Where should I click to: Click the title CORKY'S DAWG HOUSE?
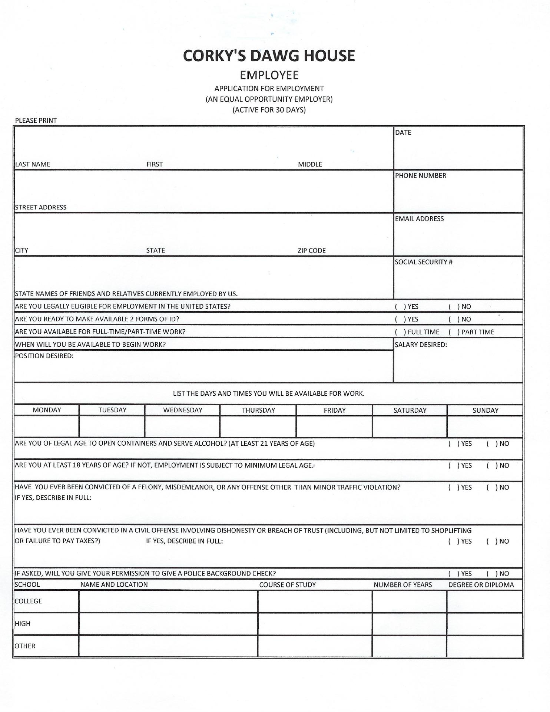pyautogui.click(x=269, y=56)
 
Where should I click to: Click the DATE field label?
pyautogui.click(x=403, y=133)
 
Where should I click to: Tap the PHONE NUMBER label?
pyautogui.click(x=420, y=176)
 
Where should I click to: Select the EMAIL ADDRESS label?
pyautogui.click(x=419, y=219)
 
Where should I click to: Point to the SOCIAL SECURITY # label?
pyautogui.click(x=423, y=262)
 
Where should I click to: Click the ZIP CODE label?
pyautogui.click(x=311, y=251)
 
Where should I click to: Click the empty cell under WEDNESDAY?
pyautogui.click(x=182, y=426)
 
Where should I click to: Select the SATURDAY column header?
pyautogui.click(x=410, y=411)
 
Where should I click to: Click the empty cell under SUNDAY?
pyautogui.click(x=485, y=426)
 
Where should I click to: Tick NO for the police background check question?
pyautogui.click(x=491, y=574)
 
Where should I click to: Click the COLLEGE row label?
pyautogui.click(x=28, y=601)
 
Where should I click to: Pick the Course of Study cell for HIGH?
pyautogui.click(x=315, y=624)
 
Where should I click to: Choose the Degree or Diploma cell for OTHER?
pyautogui.click(x=484, y=646)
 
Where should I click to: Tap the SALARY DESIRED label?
pyautogui.click(x=421, y=345)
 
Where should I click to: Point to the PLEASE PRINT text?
pyautogui.click(x=36, y=121)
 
